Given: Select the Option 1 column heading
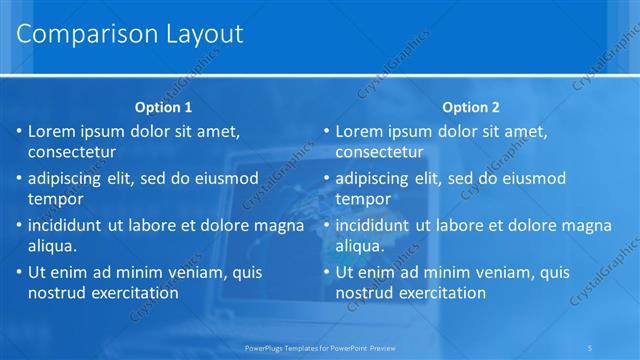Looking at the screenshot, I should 163,107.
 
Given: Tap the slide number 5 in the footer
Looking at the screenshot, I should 591,347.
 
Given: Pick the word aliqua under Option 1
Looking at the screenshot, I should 53,245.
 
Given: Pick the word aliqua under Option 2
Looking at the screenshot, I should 360,245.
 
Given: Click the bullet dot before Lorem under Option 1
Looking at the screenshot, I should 19,132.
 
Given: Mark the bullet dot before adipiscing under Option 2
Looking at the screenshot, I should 326,179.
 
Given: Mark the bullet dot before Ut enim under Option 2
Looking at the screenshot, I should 326,272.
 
